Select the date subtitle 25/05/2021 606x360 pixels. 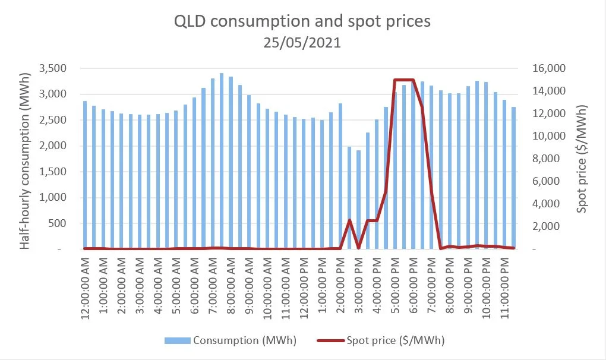302,43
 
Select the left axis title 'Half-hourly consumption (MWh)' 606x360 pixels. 25,157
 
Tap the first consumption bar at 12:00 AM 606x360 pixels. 85,175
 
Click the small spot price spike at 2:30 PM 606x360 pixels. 349,220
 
